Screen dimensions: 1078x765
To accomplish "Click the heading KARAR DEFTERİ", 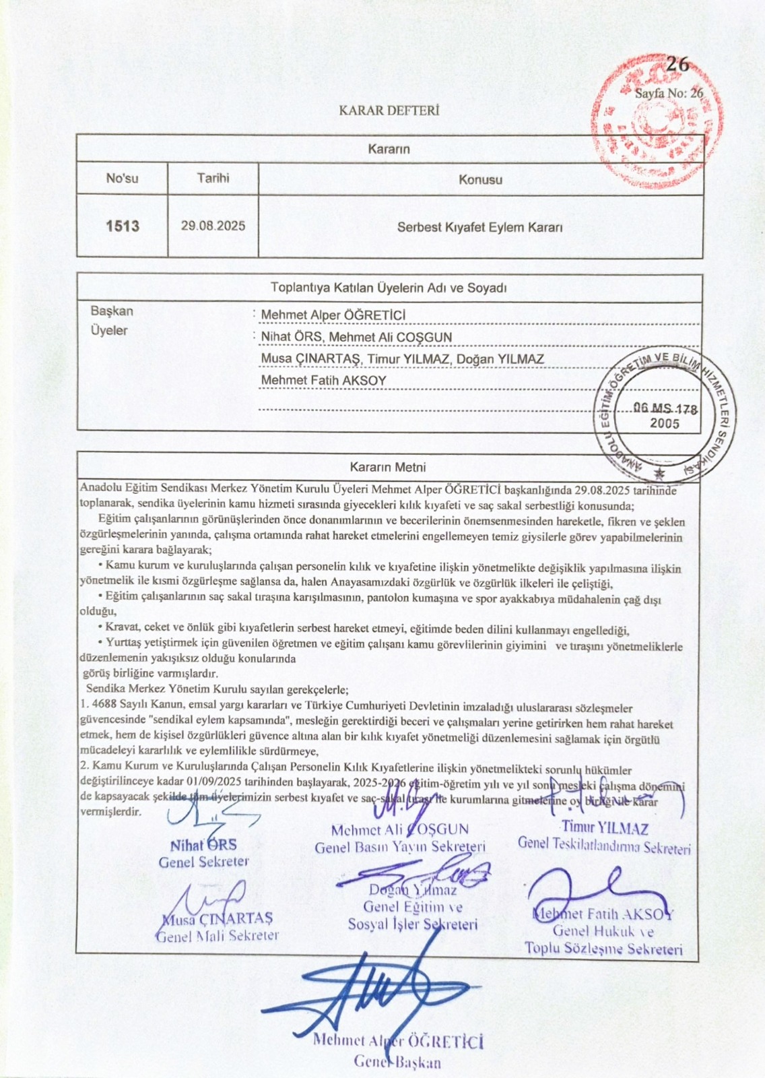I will pos(389,110).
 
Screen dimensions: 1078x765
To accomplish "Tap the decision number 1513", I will pos(123,226).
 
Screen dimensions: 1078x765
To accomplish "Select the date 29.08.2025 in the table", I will pos(213,226).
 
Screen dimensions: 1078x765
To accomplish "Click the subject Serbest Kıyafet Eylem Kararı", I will pos(479,227).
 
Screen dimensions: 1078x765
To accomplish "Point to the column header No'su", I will pos(122,179).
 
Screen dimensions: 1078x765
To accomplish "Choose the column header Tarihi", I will pos(213,178).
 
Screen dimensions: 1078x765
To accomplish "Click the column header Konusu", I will pos(480,180).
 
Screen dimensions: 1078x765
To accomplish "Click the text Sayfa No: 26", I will pos(669,94).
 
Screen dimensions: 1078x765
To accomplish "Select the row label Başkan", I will pos(112,311).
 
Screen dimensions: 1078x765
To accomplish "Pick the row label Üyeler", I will pos(109,331).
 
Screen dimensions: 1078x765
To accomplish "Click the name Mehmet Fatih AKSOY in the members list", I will pos(323,380).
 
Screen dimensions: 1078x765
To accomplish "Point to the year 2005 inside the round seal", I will pos(664,424).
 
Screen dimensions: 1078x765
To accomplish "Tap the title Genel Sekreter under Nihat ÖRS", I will pos(203,862).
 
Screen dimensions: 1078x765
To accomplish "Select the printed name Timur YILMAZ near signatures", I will pos(604,827).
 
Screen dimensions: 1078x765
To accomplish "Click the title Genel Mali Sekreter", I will pos(217,936).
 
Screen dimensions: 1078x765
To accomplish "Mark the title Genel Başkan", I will pos(397,1063).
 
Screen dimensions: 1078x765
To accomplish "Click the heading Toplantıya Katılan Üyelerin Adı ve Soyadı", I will pos(389,288).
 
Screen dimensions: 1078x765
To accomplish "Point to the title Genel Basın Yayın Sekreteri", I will pos(400,847).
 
